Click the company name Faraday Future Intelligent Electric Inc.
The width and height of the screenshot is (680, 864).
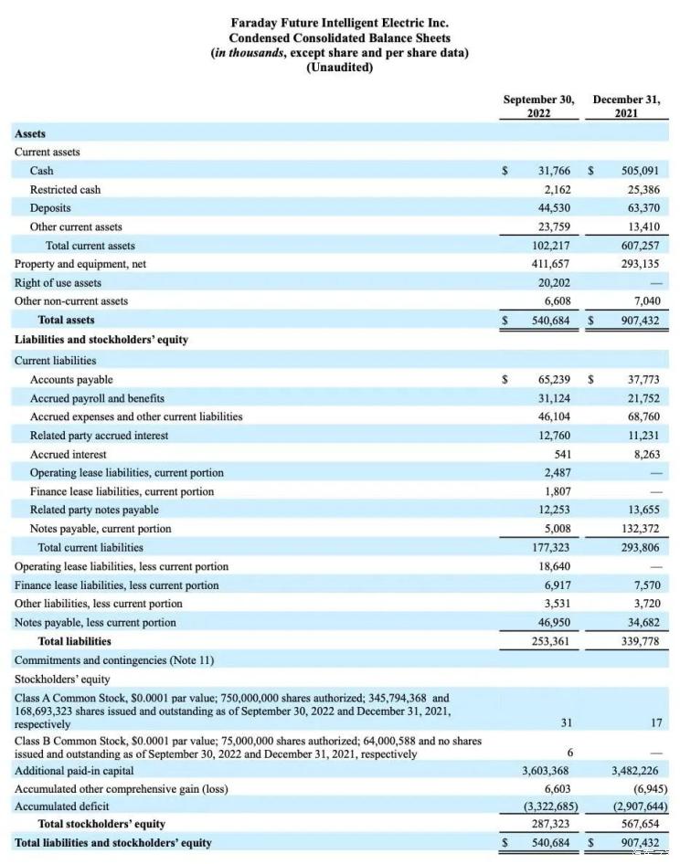[339, 22]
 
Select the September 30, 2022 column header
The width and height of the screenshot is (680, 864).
[539, 106]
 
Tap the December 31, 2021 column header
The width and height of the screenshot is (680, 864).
[626, 106]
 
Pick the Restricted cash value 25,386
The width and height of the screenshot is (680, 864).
[642, 190]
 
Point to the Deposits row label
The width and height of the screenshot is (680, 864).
[50, 208]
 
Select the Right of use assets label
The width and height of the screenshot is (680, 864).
[58, 283]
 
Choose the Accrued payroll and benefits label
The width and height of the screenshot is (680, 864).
[97, 398]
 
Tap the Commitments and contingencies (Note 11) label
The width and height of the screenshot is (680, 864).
[114, 659]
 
